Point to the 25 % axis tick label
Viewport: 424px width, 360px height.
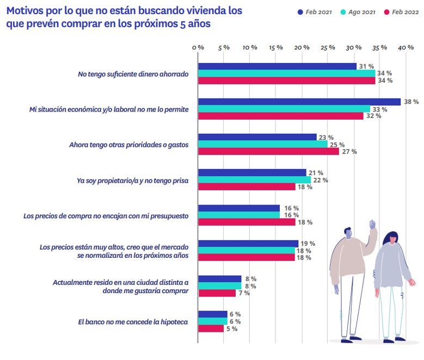[328, 47]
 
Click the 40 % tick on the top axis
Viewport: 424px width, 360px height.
[405, 47]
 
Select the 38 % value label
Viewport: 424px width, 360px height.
[411, 102]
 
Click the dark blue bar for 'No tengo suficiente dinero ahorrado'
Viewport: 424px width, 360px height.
[277, 66]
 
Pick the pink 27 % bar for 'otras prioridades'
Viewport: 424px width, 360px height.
[268, 151]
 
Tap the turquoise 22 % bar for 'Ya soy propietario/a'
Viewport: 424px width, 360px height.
[254, 180]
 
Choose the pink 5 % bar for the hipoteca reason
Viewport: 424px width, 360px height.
[211, 328]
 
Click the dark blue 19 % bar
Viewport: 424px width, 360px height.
[248, 244]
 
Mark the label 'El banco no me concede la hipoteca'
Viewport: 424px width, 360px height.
[133, 321]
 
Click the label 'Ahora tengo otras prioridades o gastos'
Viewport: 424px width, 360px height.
[129, 145]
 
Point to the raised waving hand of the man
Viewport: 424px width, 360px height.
[373, 225]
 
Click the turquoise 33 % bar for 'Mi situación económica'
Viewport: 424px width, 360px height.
[284, 109]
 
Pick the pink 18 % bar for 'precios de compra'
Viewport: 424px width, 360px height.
[247, 222]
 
